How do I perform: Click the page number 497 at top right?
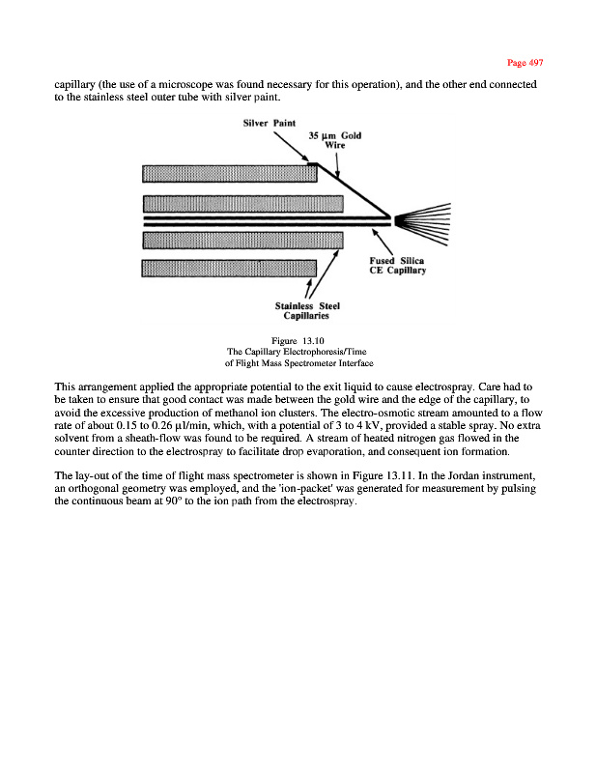tap(526, 63)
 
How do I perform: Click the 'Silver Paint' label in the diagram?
tap(269, 122)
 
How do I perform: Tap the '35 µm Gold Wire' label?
tap(334, 140)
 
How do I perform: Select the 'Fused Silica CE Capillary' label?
tap(398, 266)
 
